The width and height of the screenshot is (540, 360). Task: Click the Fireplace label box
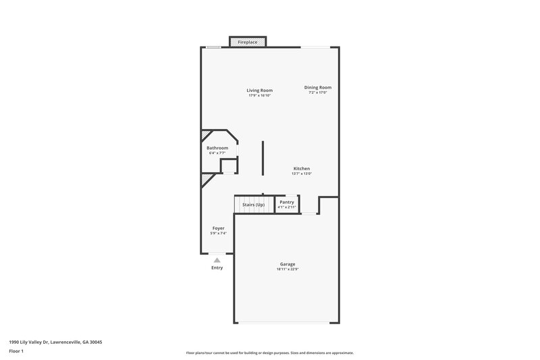tap(248, 42)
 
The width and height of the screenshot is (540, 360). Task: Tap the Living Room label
tap(259, 90)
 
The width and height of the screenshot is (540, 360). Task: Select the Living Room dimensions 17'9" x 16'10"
tap(259, 95)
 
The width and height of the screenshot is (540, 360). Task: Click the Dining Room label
tap(317, 87)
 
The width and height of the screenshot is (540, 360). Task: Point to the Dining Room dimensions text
tap(317, 93)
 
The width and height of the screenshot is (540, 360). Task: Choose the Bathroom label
tap(217, 148)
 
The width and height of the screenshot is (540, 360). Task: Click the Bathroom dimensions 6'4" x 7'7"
tap(217, 153)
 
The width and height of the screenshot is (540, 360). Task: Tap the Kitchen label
tap(302, 168)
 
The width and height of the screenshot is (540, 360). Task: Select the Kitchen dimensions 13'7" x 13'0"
tap(302, 174)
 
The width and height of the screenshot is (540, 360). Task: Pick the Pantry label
tap(287, 202)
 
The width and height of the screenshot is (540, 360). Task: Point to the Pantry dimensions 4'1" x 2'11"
tap(287, 207)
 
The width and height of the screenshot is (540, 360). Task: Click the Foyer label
tap(218, 228)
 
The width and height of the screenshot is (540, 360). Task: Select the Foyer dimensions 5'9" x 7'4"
tap(218, 234)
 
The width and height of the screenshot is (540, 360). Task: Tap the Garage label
tap(288, 264)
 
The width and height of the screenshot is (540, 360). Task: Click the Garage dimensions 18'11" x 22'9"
tap(288, 269)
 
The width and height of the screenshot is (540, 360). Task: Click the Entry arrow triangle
tap(217, 259)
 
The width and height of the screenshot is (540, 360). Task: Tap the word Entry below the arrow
tap(217, 267)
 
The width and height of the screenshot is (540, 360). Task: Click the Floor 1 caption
tap(17, 352)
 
